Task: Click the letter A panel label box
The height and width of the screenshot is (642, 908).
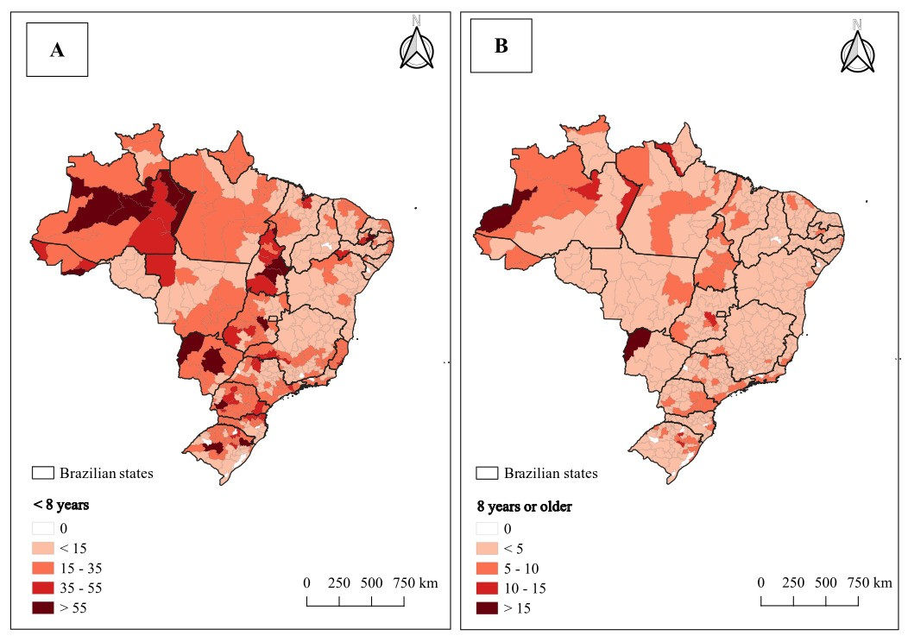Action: point(57,50)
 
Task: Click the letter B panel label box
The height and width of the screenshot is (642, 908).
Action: point(501,46)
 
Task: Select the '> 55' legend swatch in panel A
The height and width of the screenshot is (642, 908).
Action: point(43,607)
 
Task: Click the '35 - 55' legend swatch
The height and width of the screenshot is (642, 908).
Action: point(43,588)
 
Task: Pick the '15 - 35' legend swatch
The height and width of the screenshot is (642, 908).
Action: point(43,568)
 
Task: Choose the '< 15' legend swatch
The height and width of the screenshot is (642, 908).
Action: point(43,548)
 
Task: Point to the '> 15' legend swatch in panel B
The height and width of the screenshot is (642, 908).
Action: point(487,607)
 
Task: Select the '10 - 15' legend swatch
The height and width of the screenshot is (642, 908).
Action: point(487,588)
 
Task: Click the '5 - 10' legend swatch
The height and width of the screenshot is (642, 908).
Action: point(487,569)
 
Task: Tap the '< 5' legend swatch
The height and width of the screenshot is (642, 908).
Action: point(487,548)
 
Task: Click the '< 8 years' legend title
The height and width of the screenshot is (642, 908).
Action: point(60,505)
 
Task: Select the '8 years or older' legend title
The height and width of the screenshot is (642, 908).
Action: point(525,507)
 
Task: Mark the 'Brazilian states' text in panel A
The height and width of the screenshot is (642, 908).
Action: point(106,473)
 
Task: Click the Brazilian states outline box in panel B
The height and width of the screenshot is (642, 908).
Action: point(487,473)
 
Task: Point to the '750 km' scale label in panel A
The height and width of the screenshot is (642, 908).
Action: point(415,582)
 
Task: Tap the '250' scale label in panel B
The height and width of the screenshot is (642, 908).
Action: point(792,582)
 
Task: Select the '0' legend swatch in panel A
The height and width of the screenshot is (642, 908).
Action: point(43,529)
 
